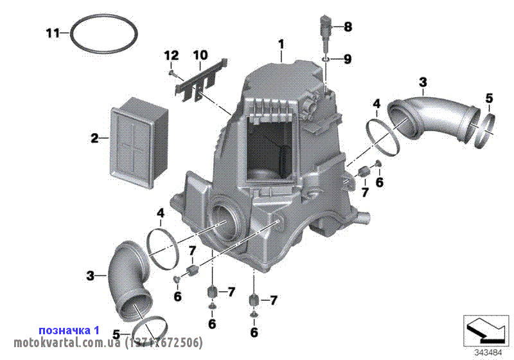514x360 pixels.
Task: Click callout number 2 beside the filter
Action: (94, 138)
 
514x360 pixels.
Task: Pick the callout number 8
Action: (348, 26)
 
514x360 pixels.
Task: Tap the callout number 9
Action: (348, 59)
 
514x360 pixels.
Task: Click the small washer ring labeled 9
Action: (327, 59)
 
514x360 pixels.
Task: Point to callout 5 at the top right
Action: (489, 98)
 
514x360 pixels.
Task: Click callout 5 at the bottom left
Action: (116, 334)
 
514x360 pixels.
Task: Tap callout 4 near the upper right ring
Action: (377, 103)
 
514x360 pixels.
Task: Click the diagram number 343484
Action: (488, 352)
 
